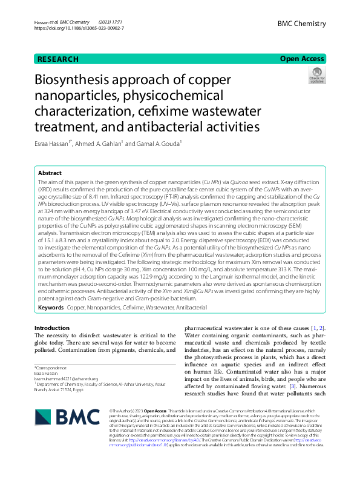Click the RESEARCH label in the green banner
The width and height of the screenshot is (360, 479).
(58, 59)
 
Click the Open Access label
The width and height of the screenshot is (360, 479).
(302, 59)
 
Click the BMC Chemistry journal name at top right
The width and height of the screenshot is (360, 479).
(301, 24)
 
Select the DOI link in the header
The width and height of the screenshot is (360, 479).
(79, 28)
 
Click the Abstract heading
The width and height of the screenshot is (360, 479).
(50, 173)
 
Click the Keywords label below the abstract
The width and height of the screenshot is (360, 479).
(51, 308)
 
